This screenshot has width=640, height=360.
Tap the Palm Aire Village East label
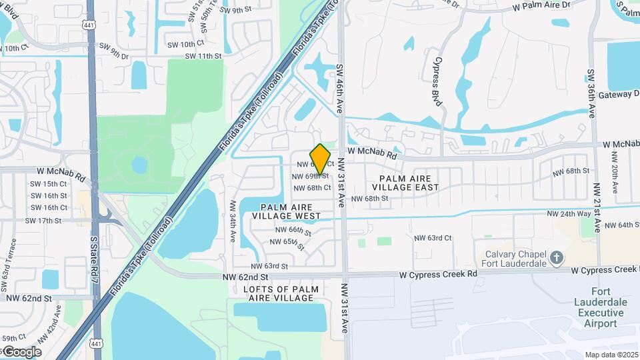tap(409, 183)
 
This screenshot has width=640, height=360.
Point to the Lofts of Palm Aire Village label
tap(278, 293)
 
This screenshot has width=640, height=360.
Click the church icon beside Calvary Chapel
tap(558, 257)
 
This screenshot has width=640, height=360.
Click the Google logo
tap(22, 352)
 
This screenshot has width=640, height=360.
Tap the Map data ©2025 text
tap(611, 355)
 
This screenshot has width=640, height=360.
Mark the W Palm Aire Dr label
tap(542, 5)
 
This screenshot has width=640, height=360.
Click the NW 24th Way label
tap(569, 214)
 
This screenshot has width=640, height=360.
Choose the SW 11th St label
tap(204, 56)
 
